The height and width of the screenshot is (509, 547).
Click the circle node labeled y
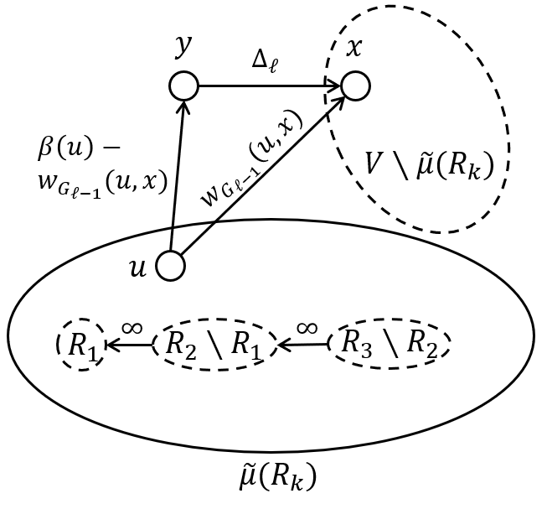[183, 86]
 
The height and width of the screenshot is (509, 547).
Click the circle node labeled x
[354, 86]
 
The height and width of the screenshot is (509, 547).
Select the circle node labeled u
[170, 266]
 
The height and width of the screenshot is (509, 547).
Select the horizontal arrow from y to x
[268, 86]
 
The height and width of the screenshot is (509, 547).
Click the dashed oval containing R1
[80, 343]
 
